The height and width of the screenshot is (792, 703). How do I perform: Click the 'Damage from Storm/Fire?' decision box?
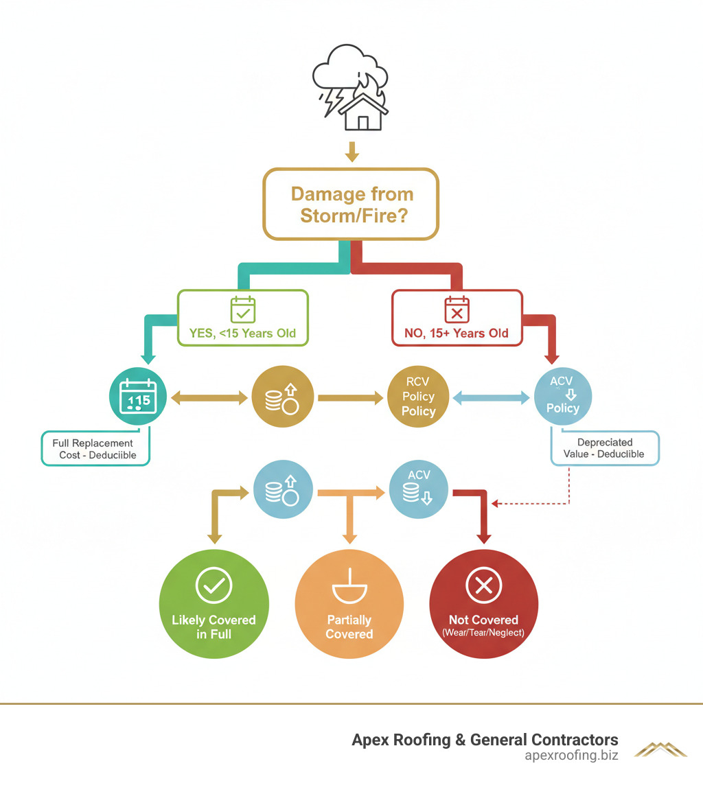point(351,204)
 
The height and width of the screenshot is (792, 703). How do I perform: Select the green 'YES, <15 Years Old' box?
point(243,317)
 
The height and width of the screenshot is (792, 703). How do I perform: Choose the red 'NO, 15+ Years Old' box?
point(457,317)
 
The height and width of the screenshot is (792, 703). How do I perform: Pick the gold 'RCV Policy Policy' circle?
point(418,397)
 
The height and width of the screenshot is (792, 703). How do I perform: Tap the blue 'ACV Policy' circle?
point(563,397)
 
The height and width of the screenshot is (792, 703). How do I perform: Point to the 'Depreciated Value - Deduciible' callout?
point(605,448)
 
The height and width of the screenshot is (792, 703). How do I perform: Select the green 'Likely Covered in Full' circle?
point(214,603)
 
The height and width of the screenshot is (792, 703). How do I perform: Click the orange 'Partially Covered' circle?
point(349,603)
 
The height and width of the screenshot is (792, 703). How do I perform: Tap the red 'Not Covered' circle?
point(483,603)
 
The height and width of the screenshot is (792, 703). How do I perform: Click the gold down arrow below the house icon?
point(352,152)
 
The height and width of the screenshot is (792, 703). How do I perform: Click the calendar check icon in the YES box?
point(243,310)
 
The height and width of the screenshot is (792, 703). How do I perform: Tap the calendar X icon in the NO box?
point(457,310)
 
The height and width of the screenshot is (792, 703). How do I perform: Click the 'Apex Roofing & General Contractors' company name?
point(485,740)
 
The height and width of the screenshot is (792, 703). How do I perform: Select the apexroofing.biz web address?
point(571,756)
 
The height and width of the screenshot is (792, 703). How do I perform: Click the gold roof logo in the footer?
point(660,749)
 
